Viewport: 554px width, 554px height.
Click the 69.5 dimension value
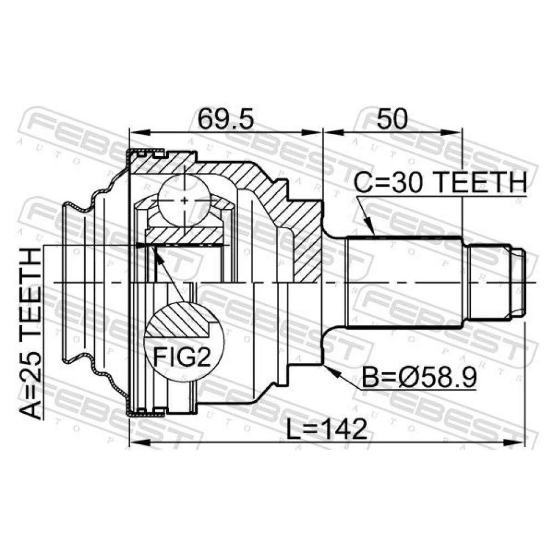[225, 119]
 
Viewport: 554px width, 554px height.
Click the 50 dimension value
[392, 119]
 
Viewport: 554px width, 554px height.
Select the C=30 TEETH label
[440, 182]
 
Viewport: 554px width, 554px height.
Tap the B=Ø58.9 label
[419, 377]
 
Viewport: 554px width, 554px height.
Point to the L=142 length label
[326, 429]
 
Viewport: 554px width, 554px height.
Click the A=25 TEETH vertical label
[30, 334]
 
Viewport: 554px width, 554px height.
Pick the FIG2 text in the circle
[182, 357]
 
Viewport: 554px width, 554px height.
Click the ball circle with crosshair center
[184, 201]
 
